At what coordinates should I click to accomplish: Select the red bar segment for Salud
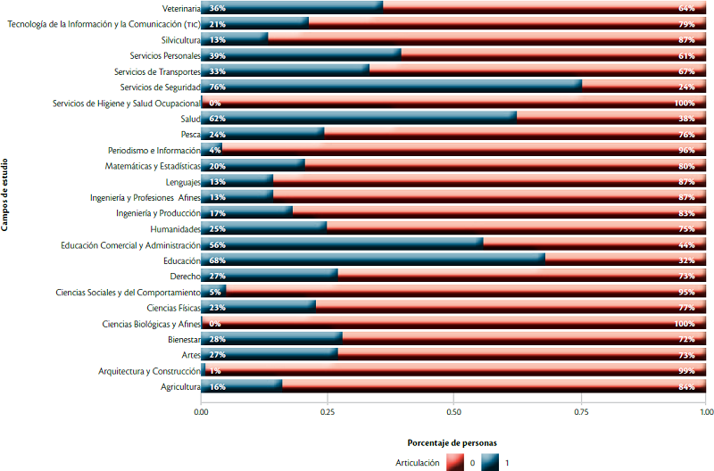pyautogui.click(x=611, y=119)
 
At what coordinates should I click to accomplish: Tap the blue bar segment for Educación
pyautogui.click(x=372, y=260)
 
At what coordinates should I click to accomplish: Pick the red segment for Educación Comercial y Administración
pyautogui.click(x=594, y=244)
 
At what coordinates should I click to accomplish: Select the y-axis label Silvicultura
pyautogui.click(x=177, y=40)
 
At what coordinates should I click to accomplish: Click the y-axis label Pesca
pyautogui.click(x=188, y=135)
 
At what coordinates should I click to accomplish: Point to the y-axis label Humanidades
pyautogui.click(x=174, y=228)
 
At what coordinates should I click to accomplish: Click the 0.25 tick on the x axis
pyautogui.click(x=328, y=413)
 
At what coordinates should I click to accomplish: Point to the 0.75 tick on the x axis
pyautogui.click(x=580, y=413)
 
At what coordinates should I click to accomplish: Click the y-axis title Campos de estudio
pyautogui.click(x=6, y=193)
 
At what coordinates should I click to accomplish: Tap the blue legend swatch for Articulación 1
pyautogui.click(x=490, y=462)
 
